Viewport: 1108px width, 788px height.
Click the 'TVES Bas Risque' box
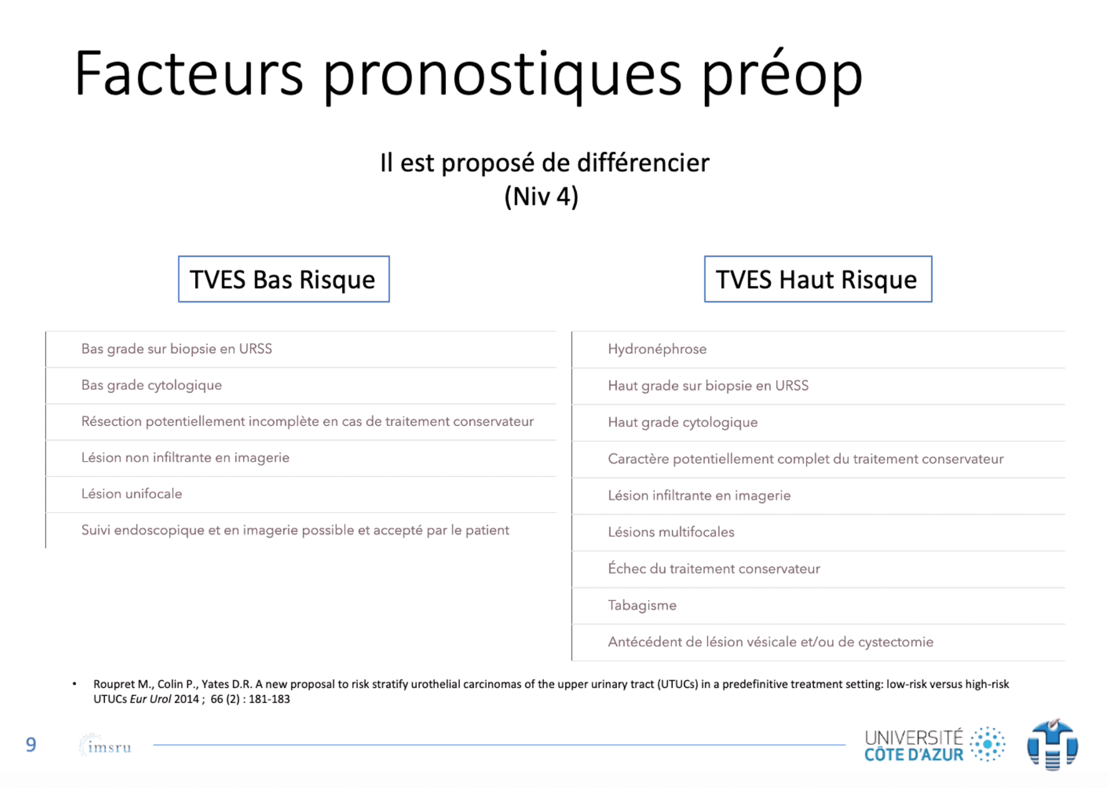pos(283,279)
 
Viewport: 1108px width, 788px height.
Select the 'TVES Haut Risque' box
pos(818,279)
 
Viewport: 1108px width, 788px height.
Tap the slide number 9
pos(31,744)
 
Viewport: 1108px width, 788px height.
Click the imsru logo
pos(105,745)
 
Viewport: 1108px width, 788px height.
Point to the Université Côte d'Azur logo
pos(934,744)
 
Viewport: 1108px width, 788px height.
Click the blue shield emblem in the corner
pos(1052,744)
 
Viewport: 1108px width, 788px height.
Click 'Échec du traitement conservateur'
pos(714,569)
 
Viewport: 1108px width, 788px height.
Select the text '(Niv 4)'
pos(541,196)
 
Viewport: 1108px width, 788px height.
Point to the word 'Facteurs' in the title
pos(189,74)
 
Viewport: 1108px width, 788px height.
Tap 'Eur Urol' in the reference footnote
pos(150,699)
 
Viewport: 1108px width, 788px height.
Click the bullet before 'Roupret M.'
pos(74,684)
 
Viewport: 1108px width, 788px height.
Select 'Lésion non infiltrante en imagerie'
pos(185,458)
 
